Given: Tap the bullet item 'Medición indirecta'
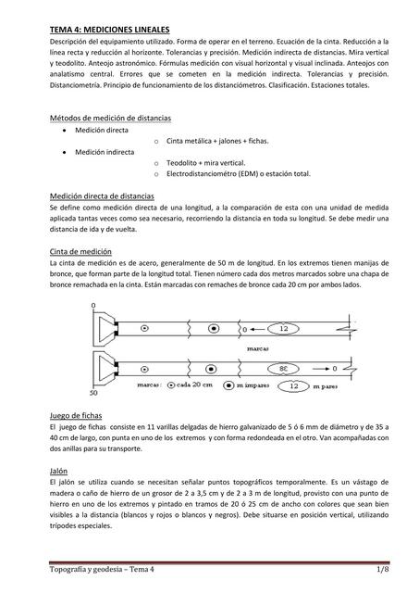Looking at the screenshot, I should click(104, 151).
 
